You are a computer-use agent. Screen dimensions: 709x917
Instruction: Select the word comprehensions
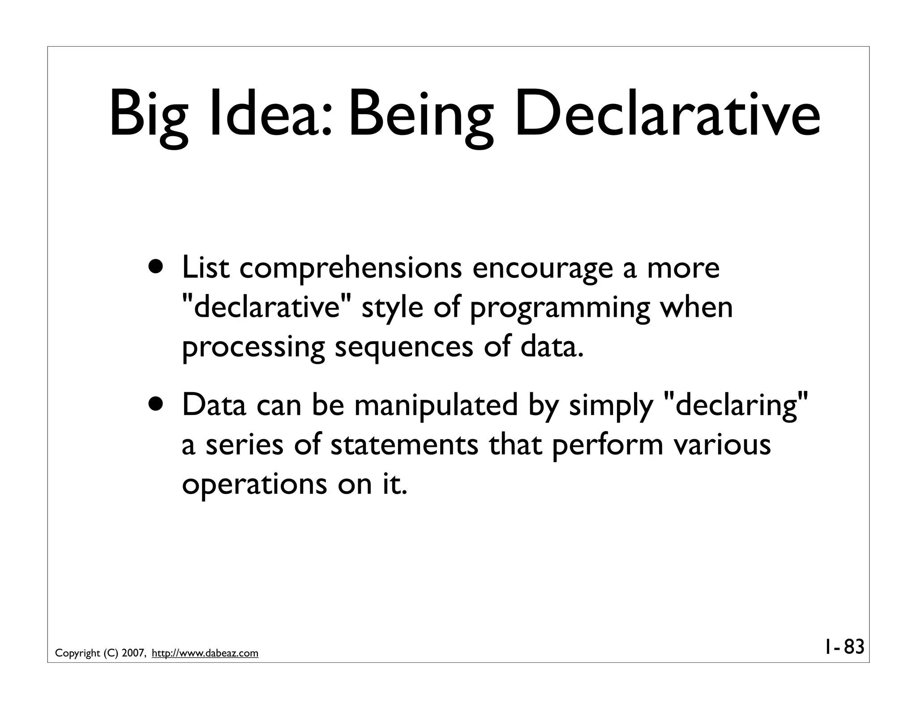point(351,269)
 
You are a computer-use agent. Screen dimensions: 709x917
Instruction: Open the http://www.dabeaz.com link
point(205,653)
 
